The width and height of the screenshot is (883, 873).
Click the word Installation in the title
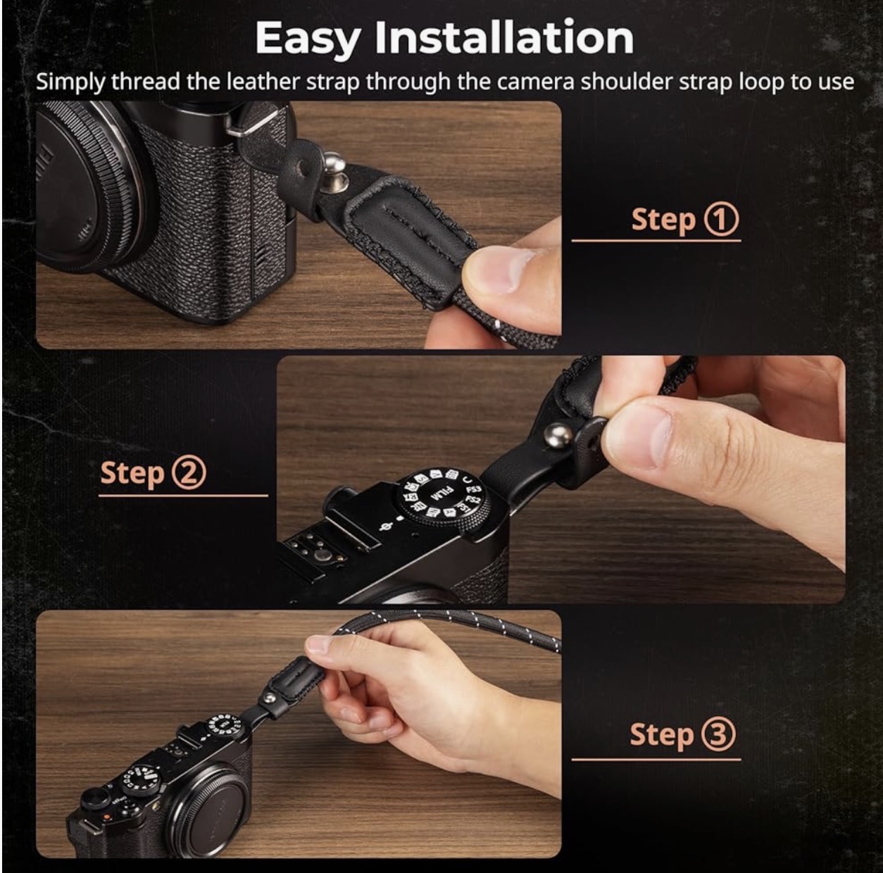(504, 37)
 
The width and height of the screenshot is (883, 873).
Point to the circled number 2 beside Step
(189, 473)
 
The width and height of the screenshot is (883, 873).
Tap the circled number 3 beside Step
(718, 734)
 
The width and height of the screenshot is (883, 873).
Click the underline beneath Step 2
(183, 496)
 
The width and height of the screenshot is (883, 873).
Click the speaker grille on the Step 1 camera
(260, 263)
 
